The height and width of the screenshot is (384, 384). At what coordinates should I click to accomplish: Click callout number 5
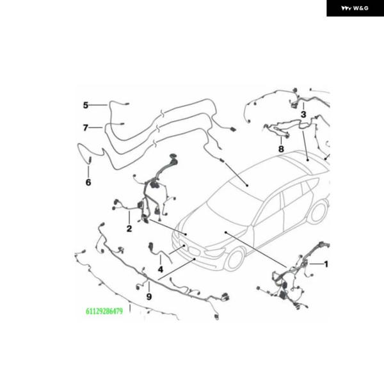click(86, 106)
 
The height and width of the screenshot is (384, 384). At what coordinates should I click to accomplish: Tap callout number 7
click(86, 127)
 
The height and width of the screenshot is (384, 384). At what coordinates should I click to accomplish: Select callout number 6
click(88, 182)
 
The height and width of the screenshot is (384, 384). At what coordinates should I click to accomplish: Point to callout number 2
click(129, 228)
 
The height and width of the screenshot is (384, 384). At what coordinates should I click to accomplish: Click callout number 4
click(161, 269)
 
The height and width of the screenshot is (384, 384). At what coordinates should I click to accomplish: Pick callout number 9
click(149, 297)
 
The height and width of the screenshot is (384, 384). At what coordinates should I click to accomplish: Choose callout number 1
click(326, 264)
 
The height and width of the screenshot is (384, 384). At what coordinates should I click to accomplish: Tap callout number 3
click(303, 115)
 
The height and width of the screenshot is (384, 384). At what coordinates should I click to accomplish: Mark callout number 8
click(281, 149)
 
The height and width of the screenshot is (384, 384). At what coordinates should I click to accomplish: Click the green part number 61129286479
click(104, 311)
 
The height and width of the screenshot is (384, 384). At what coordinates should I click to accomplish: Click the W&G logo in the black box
click(355, 8)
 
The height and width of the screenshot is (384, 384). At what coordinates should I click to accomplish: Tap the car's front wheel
click(235, 259)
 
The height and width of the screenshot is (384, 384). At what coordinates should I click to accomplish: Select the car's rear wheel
click(318, 212)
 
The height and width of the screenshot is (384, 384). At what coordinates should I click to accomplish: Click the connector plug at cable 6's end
click(90, 161)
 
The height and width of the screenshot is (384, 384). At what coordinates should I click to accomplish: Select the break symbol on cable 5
click(162, 113)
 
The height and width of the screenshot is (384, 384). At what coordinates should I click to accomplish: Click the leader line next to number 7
click(96, 127)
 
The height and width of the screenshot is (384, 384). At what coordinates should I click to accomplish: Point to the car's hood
click(216, 228)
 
